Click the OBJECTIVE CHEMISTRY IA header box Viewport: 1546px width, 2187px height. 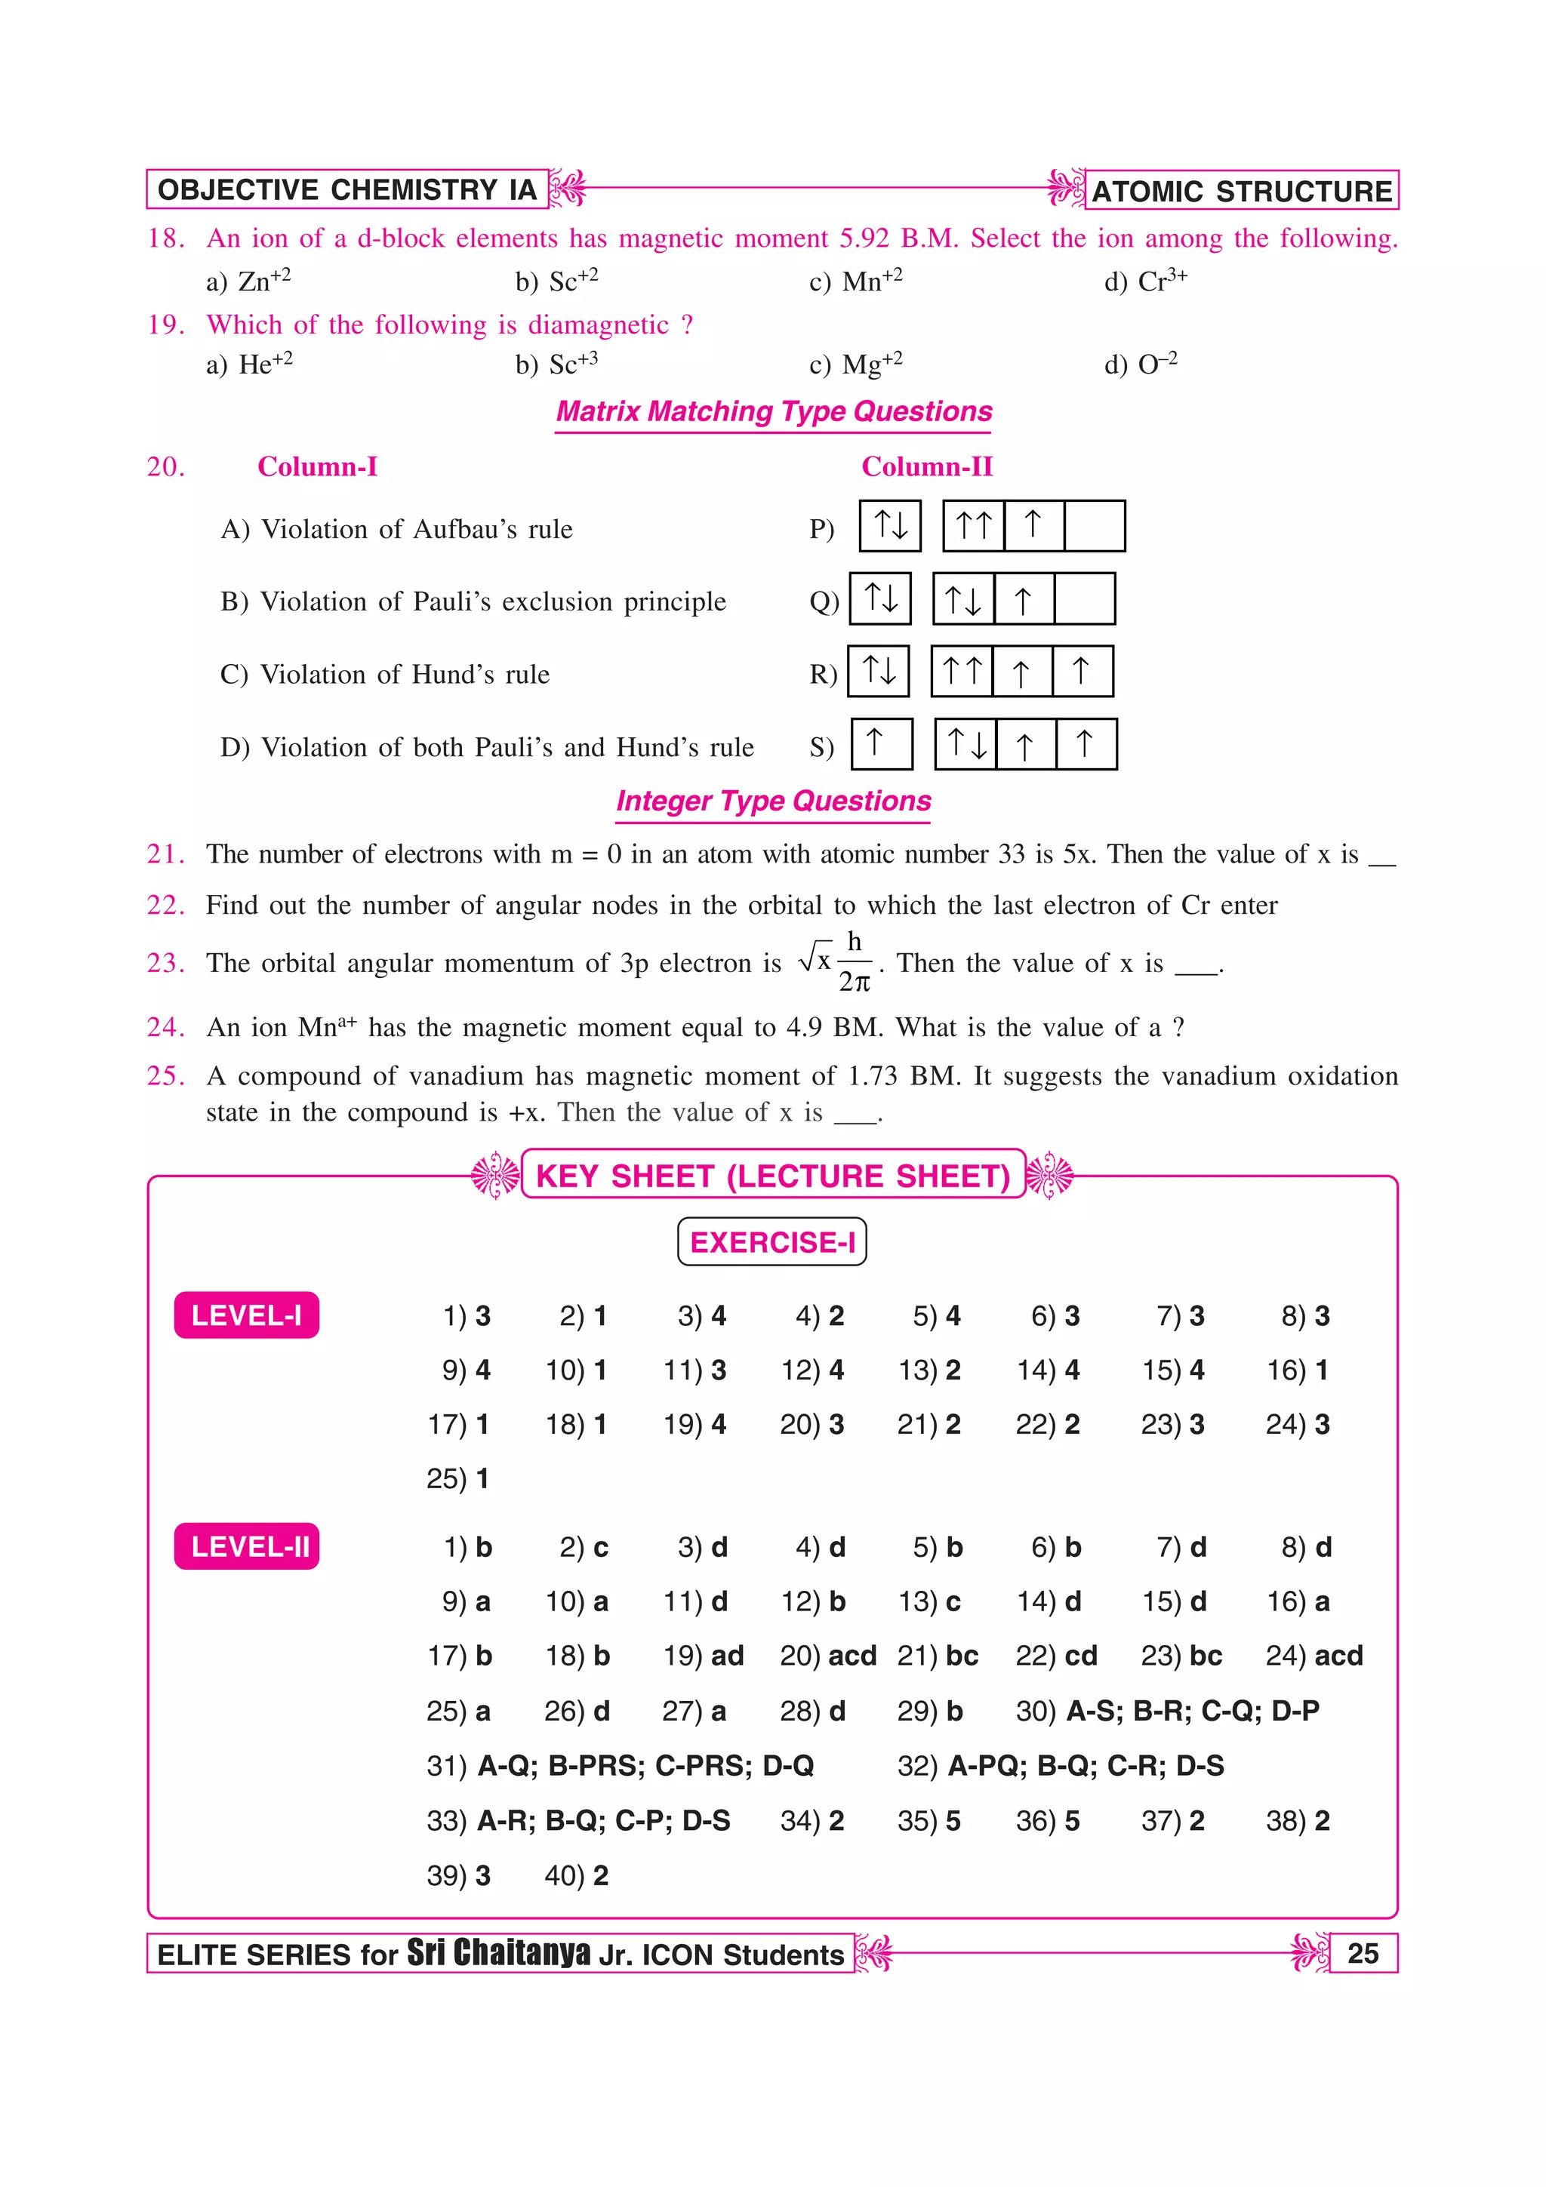point(346,189)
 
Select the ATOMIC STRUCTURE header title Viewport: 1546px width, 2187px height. point(1241,190)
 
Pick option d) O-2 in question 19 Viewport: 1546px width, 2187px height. point(1140,364)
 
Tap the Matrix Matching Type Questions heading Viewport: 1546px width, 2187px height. point(774,411)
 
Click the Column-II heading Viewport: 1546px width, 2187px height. point(926,466)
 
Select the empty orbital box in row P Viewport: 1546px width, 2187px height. point(1095,526)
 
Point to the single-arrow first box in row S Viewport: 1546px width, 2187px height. point(881,744)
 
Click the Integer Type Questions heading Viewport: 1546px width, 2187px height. point(774,801)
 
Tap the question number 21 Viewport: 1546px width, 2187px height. point(165,854)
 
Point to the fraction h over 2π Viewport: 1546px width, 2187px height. point(855,962)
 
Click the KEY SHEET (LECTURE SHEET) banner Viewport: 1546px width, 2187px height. point(772,1176)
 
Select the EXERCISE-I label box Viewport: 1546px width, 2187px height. point(771,1242)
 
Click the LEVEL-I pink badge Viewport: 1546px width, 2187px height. point(247,1315)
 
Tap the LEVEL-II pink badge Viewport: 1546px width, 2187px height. point(247,1547)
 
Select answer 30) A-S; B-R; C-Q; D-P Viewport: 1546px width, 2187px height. point(1167,1711)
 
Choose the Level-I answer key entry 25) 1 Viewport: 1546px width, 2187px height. point(457,1478)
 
